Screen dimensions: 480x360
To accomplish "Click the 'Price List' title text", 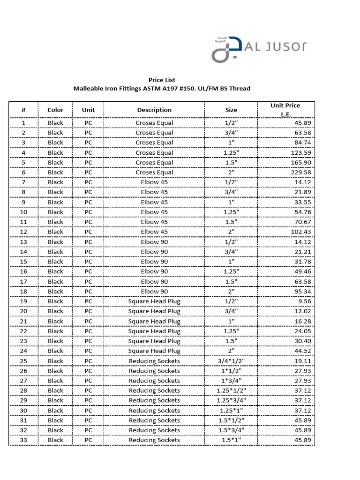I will tap(162, 80).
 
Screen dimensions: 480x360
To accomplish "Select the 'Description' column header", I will tap(154, 110).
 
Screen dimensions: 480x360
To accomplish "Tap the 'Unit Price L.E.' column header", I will tap(285, 110).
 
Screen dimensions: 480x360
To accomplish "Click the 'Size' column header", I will tap(231, 110).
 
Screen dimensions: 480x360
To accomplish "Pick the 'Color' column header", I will tap(55, 110).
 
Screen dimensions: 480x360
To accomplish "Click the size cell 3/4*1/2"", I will tap(231, 361).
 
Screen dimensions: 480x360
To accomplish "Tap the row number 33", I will tap(23, 440).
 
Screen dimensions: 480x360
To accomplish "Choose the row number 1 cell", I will tap(23, 123).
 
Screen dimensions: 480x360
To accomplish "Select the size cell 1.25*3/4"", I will tap(231, 400).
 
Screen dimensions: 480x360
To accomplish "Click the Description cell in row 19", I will tap(154, 301).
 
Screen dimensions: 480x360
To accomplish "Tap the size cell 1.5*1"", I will tap(231, 440).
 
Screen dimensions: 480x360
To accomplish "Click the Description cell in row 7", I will tap(154, 182).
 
